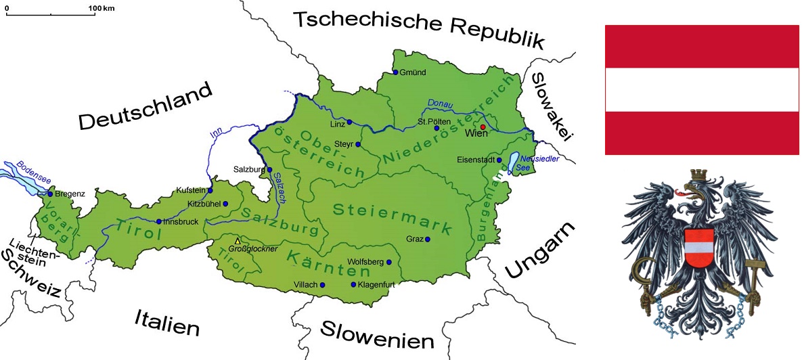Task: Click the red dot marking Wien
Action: [x=483, y=127]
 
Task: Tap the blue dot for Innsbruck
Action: [x=158, y=221]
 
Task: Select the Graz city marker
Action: [x=427, y=239]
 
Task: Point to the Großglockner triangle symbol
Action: [x=237, y=241]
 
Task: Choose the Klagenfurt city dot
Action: [x=353, y=285]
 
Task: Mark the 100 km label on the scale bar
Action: [x=102, y=7]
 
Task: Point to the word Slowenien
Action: [x=376, y=334]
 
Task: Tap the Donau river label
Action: [x=441, y=104]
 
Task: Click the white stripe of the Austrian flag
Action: [x=701, y=90]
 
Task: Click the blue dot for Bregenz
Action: [x=49, y=194]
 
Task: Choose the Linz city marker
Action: [x=349, y=122]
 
